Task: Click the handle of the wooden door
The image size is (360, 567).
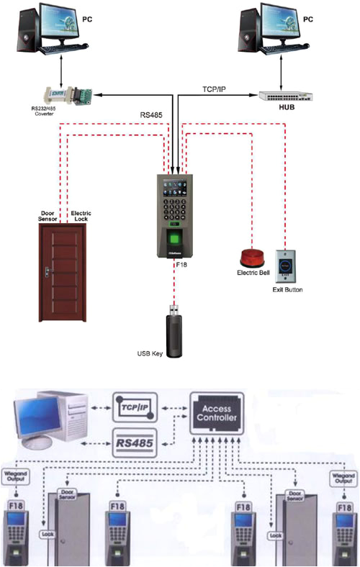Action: tap(48, 271)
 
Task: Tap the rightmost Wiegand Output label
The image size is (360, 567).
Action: tap(343, 476)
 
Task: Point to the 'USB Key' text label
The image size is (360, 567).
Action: tap(152, 353)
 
